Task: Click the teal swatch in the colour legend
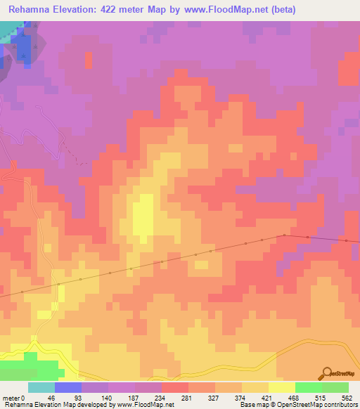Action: (x=41, y=387)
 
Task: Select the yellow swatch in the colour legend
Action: (x=282, y=387)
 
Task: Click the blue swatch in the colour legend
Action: (x=68, y=387)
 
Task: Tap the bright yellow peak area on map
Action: (x=143, y=214)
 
